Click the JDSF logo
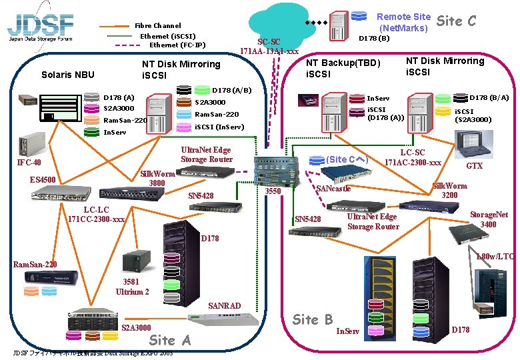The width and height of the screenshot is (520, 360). [40, 26]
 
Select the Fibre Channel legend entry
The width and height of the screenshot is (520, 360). [157, 25]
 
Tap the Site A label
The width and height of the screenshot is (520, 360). [170, 339]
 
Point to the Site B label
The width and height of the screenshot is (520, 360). [313, 319]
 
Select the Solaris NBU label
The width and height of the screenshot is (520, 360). [68, 75]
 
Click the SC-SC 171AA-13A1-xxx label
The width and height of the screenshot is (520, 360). [269, 45]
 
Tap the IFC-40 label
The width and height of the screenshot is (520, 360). [29, 163]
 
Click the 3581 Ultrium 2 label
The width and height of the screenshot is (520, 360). [132, 287]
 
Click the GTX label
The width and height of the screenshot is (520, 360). [474, 165]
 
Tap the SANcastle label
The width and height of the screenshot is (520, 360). [333, 189]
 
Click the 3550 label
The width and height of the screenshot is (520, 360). [273, 192]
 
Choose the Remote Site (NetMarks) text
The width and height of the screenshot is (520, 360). [403, 23]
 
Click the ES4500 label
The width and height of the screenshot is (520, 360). [43, 179]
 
